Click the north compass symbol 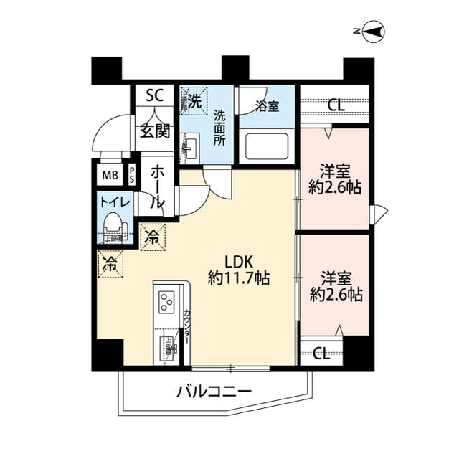[373, 32]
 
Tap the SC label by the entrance [154, 95]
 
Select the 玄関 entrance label [154, 131]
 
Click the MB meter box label [110, 175]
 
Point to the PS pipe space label [132, 174]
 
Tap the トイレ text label [115, 203]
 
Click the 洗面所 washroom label [219, 128]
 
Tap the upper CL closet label [335, 105]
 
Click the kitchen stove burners [167, 302]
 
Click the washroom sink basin [189, 149]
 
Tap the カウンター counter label [187, 326]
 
